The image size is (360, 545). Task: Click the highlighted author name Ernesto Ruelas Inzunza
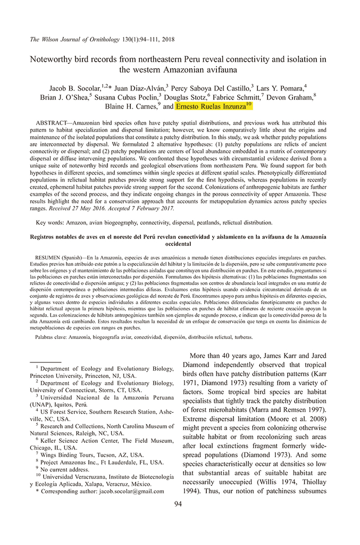[x=211, y=106]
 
